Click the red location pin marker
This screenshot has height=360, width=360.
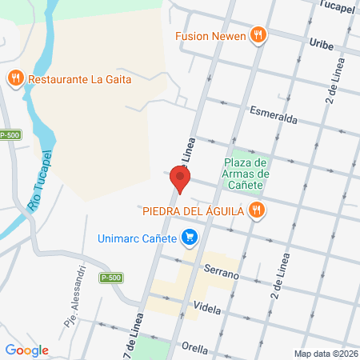(180, 180)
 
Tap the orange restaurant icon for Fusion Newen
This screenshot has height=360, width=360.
(257, 34)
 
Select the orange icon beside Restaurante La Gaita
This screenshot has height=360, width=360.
(14, 78)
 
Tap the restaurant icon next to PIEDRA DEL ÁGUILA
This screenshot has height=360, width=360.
(256, 210)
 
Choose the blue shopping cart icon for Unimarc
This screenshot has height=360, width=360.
(190, 238)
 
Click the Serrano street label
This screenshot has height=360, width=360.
(222, 274)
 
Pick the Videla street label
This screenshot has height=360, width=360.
(206, 307)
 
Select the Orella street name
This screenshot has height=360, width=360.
(194, 348)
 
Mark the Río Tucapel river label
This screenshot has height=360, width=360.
(40, 181)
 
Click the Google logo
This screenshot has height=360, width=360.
(26, 350)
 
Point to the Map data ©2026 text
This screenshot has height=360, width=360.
(325, 354)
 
